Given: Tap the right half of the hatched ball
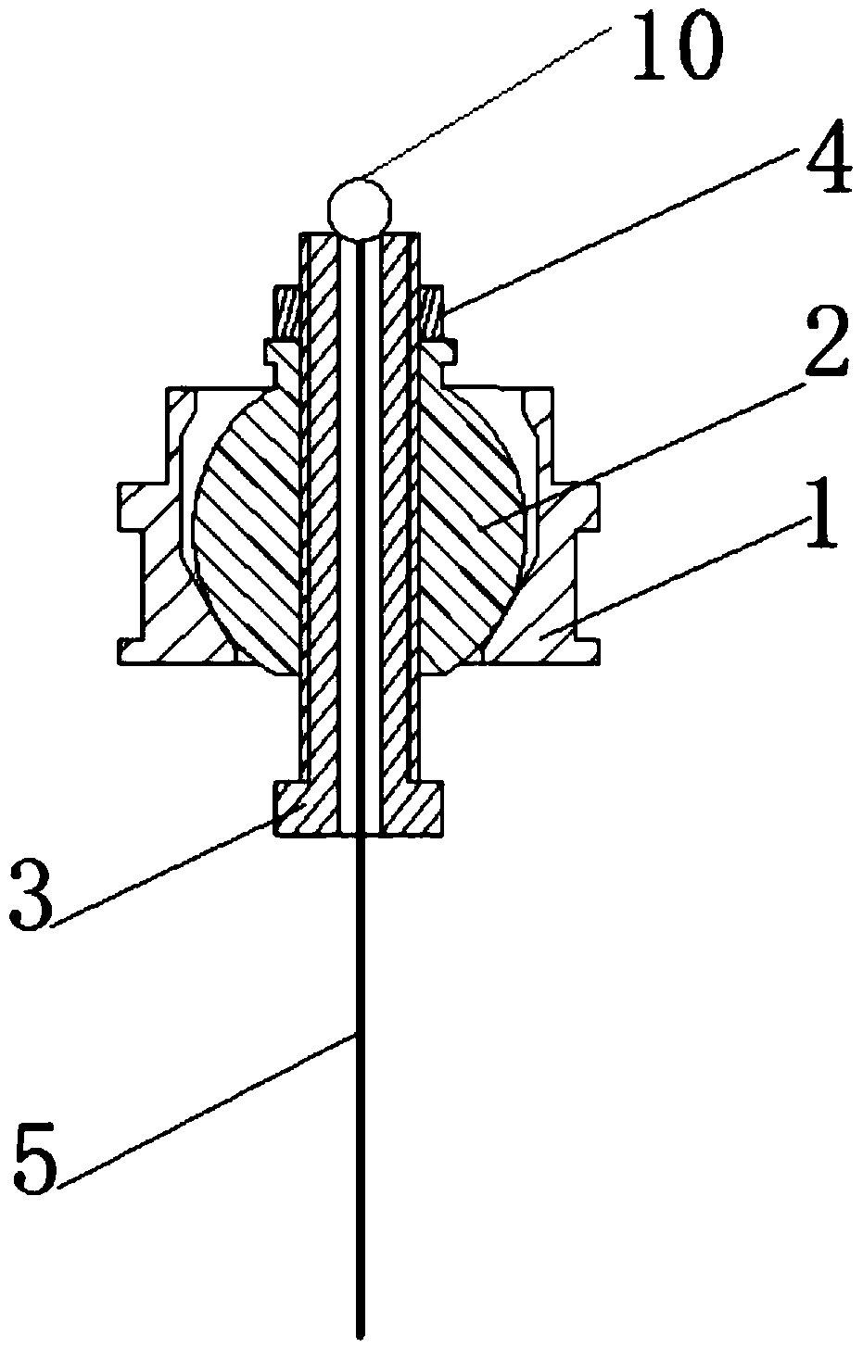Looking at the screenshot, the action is (468, 528).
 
